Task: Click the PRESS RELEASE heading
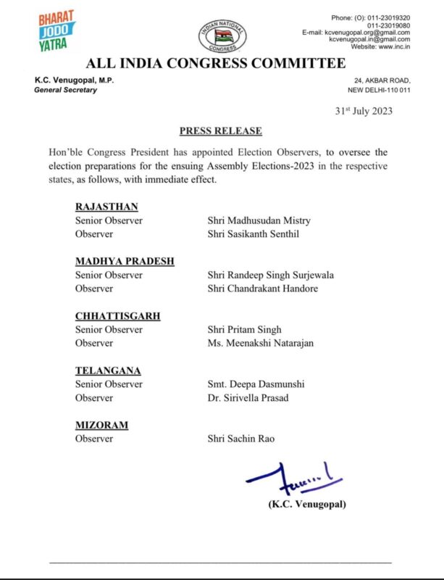(220, 131)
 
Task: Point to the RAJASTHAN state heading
(106, 207)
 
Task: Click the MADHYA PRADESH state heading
(124, 261)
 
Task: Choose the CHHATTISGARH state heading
(117, 316)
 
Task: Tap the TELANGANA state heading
(108, 370)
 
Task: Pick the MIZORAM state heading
(101, 426)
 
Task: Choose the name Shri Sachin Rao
(241, 439)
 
